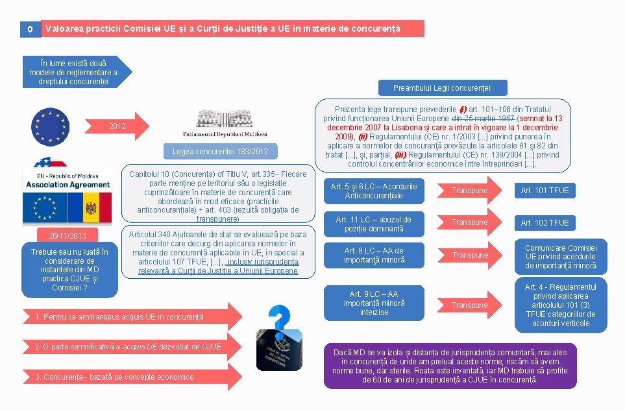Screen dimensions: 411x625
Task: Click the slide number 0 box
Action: click(x=30, y=29)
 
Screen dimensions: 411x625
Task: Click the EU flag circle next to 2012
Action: click(x=51, y=125)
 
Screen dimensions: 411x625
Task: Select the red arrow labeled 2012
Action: click(x=120, y=126)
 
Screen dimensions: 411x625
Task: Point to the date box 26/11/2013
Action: click(x=67, y=235)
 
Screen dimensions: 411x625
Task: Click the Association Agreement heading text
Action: click(x=67, y=185)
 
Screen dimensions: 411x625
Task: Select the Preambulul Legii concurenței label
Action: click(x=442, y=88)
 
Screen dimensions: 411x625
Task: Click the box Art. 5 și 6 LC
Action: click(x=374, y=191)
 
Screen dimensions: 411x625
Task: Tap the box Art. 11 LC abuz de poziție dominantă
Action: click(x=374, y=224)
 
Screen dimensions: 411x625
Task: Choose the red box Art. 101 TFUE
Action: click(x=545, y=190)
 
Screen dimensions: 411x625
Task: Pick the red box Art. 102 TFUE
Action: click(x=545, y=222)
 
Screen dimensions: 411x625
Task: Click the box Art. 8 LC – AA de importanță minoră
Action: click(x=374, y=255)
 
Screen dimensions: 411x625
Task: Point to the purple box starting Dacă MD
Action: click(x=450, y=366)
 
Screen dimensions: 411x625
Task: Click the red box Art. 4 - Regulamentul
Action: click(x=560, y=305)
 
